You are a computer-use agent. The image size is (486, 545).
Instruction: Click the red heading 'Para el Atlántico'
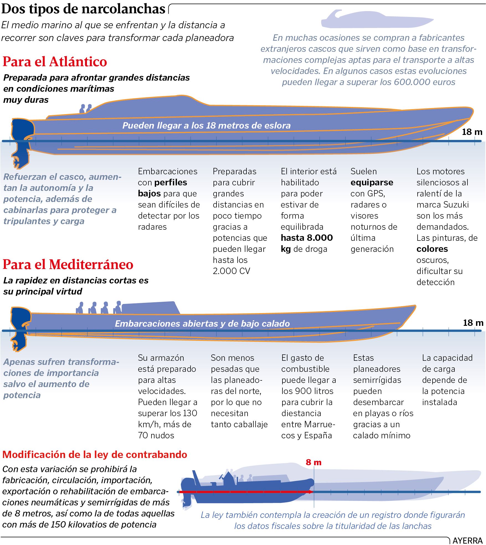point(55,62)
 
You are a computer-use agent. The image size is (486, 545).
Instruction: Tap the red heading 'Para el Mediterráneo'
point(68,264)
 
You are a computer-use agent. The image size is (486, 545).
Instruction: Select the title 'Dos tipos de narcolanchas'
point(83,9)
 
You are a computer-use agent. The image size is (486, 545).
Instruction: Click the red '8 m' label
point(313,462)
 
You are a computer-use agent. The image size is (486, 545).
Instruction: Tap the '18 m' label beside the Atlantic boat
point(472,132)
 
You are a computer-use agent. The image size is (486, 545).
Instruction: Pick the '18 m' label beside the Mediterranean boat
point(473,323)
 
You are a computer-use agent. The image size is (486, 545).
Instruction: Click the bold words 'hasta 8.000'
point(307,238)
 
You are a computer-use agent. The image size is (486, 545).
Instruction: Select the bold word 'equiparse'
point(372,182)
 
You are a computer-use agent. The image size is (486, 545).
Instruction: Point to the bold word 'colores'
point(432,249)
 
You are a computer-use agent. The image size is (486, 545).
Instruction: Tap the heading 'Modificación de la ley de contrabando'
point(95,455)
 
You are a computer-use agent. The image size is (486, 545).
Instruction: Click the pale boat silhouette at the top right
point(377,19)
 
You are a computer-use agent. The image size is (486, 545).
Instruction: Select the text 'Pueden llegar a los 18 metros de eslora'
point(206,126)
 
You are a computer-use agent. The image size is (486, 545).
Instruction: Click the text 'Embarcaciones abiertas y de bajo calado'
point(202,324)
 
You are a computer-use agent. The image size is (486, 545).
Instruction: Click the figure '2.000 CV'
point(231,271)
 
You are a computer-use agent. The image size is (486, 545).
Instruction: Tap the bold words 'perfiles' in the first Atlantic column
point(171,182)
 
